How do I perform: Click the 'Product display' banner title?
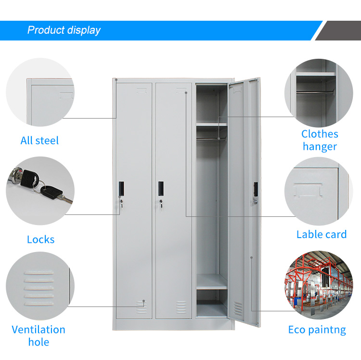pyautogui.click(x=64, y=30)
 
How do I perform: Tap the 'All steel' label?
pyautogui.click(x=39, y=141)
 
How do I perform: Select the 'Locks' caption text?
pyautogui.click(x=41, y=240)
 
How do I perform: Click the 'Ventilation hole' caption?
pyautogui.click(x=39, y=336)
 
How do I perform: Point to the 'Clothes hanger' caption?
pyautogui.click(x=320, y=140)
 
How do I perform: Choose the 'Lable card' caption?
pyautogui.click(x=322, y=234)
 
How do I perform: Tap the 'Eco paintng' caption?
pyautogui.click(x=317, y=330)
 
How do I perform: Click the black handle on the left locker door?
pyautogui.click(x=121, y=188)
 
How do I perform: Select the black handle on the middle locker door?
pyautogui.click(x=161, y=188)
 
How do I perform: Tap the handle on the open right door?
pyautogui.click(x=256, y=189)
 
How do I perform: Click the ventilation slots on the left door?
pyautogui.click(x=141, y=307)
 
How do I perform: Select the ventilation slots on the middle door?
pyautogui.click(x=181, y=307)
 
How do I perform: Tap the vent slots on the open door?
pyautogui.click(x=238, y=309)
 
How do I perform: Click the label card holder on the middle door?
pyautogui.click(x=181, y=91)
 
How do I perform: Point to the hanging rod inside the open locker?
pyautogui.click(x=211, y=139)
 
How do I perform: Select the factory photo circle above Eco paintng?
pyautogui.click(x=319, y=285)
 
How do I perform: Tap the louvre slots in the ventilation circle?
pyautogui.click(x=39, y=288)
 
